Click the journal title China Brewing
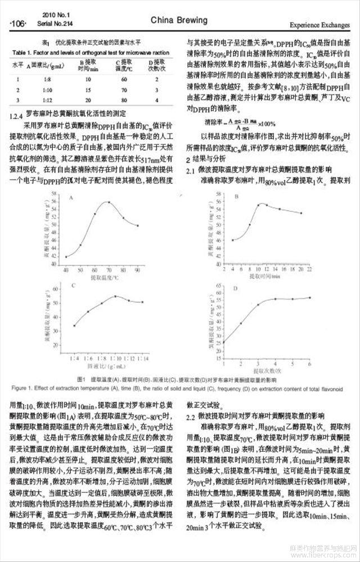pos(179,20)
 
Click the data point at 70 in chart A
pos(109,201)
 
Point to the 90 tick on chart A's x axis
pos(138,270)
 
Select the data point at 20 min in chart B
pos(301,213)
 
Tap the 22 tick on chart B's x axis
pos(309,270)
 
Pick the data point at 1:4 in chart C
pos(74,325)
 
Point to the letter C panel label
pos(73,285)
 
